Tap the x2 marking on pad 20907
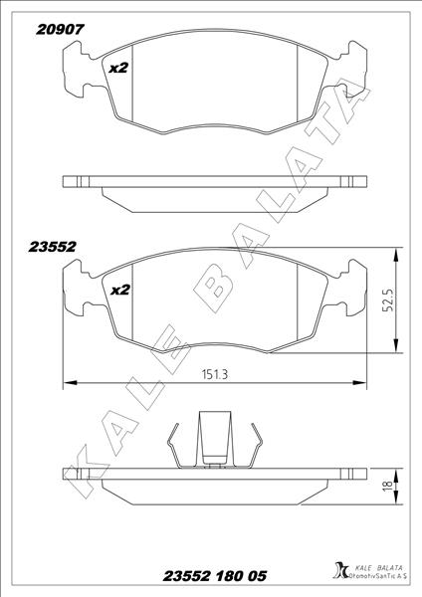[118, 68]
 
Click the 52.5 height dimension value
[393, 298]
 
